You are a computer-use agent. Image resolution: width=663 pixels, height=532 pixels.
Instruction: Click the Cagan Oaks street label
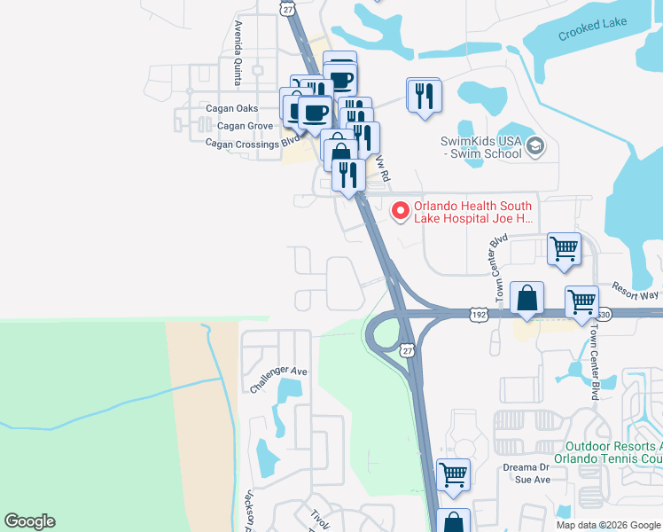[x=233, y=109]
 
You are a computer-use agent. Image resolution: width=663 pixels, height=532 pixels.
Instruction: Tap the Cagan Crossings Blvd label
[x=253, y=142]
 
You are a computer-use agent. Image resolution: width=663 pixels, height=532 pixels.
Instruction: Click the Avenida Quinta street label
[x=238, y=54]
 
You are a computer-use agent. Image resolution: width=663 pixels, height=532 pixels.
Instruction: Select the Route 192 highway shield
[x=479, y=314]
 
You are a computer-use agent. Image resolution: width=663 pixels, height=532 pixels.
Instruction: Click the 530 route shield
[x=604, y=314]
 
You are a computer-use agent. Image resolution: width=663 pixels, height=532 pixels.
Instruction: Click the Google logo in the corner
[x=29, y=521]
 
